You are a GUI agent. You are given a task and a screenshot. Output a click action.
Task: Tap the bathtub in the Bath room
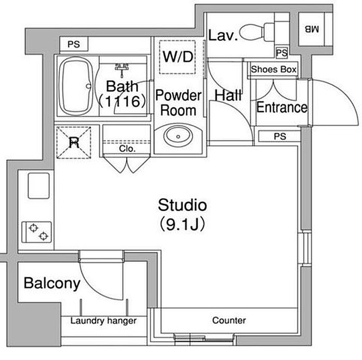point(76,86)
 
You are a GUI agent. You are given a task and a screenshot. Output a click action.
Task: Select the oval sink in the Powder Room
point(178,136)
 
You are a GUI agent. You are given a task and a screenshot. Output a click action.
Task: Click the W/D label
point(178,57)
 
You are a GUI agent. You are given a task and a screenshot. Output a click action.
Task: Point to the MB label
point(311,29)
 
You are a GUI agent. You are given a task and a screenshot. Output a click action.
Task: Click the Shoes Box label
point(274,69)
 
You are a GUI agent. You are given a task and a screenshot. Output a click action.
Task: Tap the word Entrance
point(282,107)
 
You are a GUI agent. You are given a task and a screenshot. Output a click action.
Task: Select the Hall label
point(229,95)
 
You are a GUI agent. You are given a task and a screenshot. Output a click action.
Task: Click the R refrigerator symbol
point(74,143)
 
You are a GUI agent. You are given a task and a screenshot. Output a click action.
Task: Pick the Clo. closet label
point(127,149)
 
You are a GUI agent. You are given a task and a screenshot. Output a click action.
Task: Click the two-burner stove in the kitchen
point(37,232)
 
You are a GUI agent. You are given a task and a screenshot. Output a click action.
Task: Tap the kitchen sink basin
point(39,185)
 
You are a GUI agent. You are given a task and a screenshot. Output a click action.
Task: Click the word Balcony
point(52,284)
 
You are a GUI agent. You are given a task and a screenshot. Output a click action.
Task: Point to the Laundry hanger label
point(103,321)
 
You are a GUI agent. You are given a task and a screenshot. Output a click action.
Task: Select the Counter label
point(229,320)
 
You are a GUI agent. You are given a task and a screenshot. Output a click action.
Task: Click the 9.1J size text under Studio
point(182,225)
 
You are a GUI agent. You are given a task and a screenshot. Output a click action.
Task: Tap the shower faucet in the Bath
point(122,69)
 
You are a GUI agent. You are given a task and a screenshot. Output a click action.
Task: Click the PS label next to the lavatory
point(282,53)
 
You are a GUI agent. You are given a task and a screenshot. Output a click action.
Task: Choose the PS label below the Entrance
point(280,136)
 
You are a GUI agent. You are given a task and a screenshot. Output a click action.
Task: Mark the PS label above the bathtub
point(74,44)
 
